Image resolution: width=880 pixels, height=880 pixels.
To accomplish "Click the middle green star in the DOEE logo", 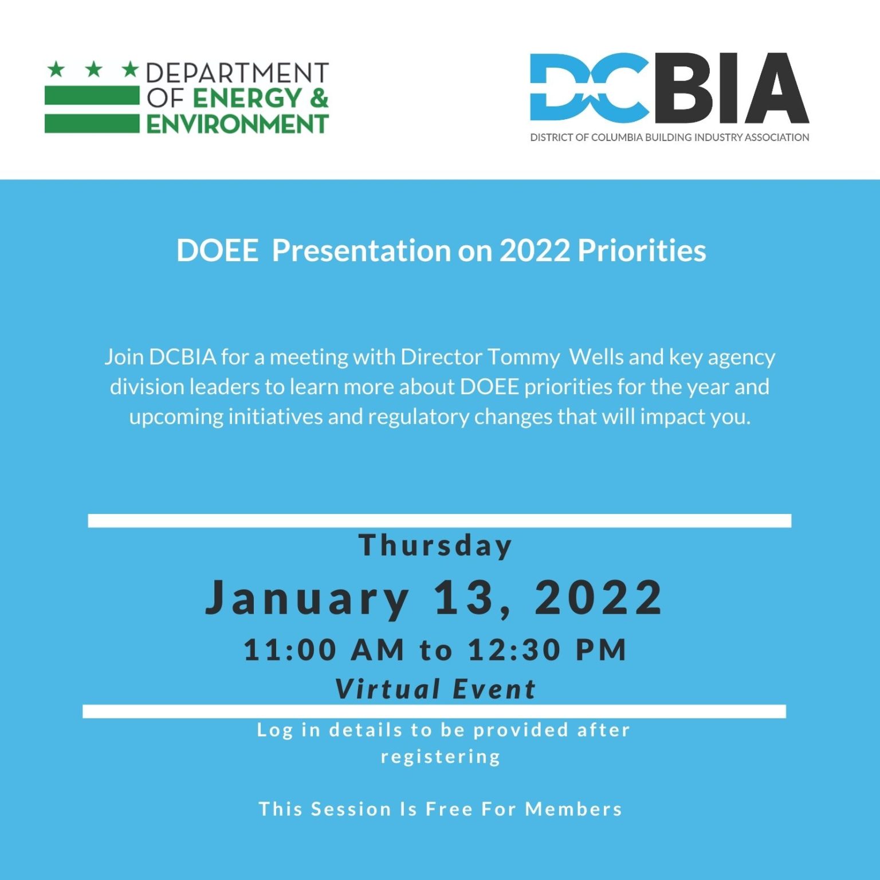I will pos(93,70).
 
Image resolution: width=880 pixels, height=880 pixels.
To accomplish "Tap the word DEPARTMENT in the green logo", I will pos(237,73).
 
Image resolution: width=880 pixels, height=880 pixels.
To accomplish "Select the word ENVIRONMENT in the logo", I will pos(237,124).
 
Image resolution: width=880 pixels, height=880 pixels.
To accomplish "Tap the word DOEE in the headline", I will pos(217,251).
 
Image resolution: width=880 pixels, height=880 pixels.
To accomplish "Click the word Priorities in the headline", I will pos(642,251).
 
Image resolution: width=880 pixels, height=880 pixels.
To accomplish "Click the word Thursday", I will pos(435,545).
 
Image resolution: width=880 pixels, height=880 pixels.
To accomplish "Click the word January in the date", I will pos(307,598).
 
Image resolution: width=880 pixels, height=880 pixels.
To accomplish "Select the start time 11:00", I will pos(290,650).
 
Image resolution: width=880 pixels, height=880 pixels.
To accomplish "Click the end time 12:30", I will pos(514,650).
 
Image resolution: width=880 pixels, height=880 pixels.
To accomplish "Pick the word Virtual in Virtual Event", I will pos(388,689).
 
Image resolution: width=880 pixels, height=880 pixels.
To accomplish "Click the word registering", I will pos(441,757).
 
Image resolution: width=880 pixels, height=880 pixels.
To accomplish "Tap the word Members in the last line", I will pos(573,809).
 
